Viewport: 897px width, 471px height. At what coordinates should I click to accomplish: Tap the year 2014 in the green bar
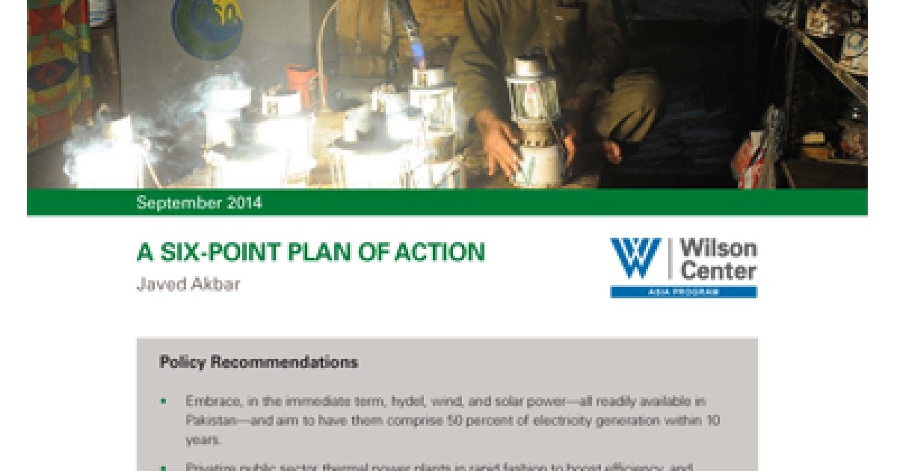click(240, 203)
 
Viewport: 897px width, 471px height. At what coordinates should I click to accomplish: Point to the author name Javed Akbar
click(188, 285)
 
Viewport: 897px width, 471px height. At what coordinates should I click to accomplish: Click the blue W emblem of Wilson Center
click(635, 259)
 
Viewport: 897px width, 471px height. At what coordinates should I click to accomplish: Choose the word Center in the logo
click(718, 271)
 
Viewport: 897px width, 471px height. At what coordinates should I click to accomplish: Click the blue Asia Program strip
click(683, 292)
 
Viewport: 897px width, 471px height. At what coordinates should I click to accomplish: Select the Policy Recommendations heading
click(259, 363)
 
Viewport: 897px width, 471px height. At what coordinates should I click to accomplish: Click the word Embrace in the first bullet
click(211, 401)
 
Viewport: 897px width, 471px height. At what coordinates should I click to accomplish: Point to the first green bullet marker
click(164, 401)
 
